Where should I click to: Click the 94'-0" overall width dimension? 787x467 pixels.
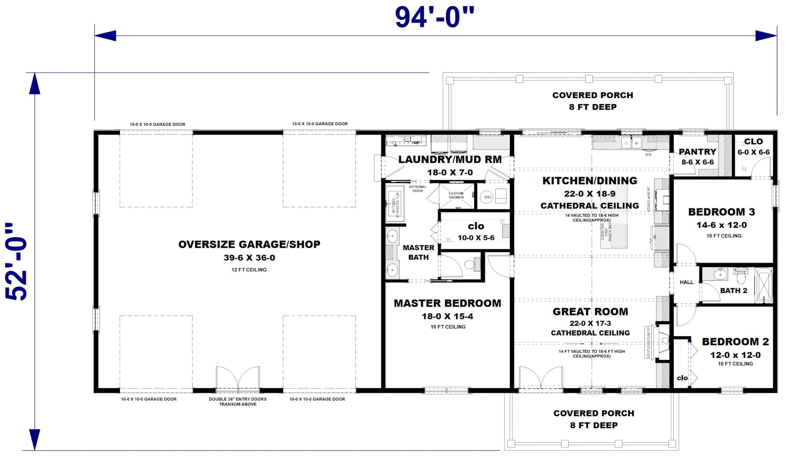pos(435,17)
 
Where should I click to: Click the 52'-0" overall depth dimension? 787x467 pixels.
pos(17,262)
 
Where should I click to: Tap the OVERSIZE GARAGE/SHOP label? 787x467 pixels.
pos(249,244)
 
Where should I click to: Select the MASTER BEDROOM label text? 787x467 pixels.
pos(447,303)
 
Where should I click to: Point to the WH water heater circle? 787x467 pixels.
pos(487,197)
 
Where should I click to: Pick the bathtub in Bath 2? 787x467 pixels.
pos(764,285)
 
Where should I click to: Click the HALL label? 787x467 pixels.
pos(686,282)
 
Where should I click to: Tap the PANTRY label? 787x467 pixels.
pos(697,152)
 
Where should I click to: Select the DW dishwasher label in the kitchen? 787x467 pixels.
pos(649,155)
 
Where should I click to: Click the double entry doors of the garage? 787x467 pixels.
pos(238,378)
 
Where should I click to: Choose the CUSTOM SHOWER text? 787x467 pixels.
pos(456,195)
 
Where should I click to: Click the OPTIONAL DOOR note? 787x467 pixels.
pos(417,188)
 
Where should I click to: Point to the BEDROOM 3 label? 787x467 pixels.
pos(721,212)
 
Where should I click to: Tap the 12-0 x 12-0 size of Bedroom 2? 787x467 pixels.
pos(735,355)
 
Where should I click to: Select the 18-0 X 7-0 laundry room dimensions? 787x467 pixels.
pos(450,172)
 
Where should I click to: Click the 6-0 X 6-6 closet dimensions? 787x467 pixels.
pos(753,152)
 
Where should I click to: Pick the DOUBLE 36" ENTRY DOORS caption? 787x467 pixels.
pos(237,401)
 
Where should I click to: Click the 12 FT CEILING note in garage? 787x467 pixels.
pos(249,270)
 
